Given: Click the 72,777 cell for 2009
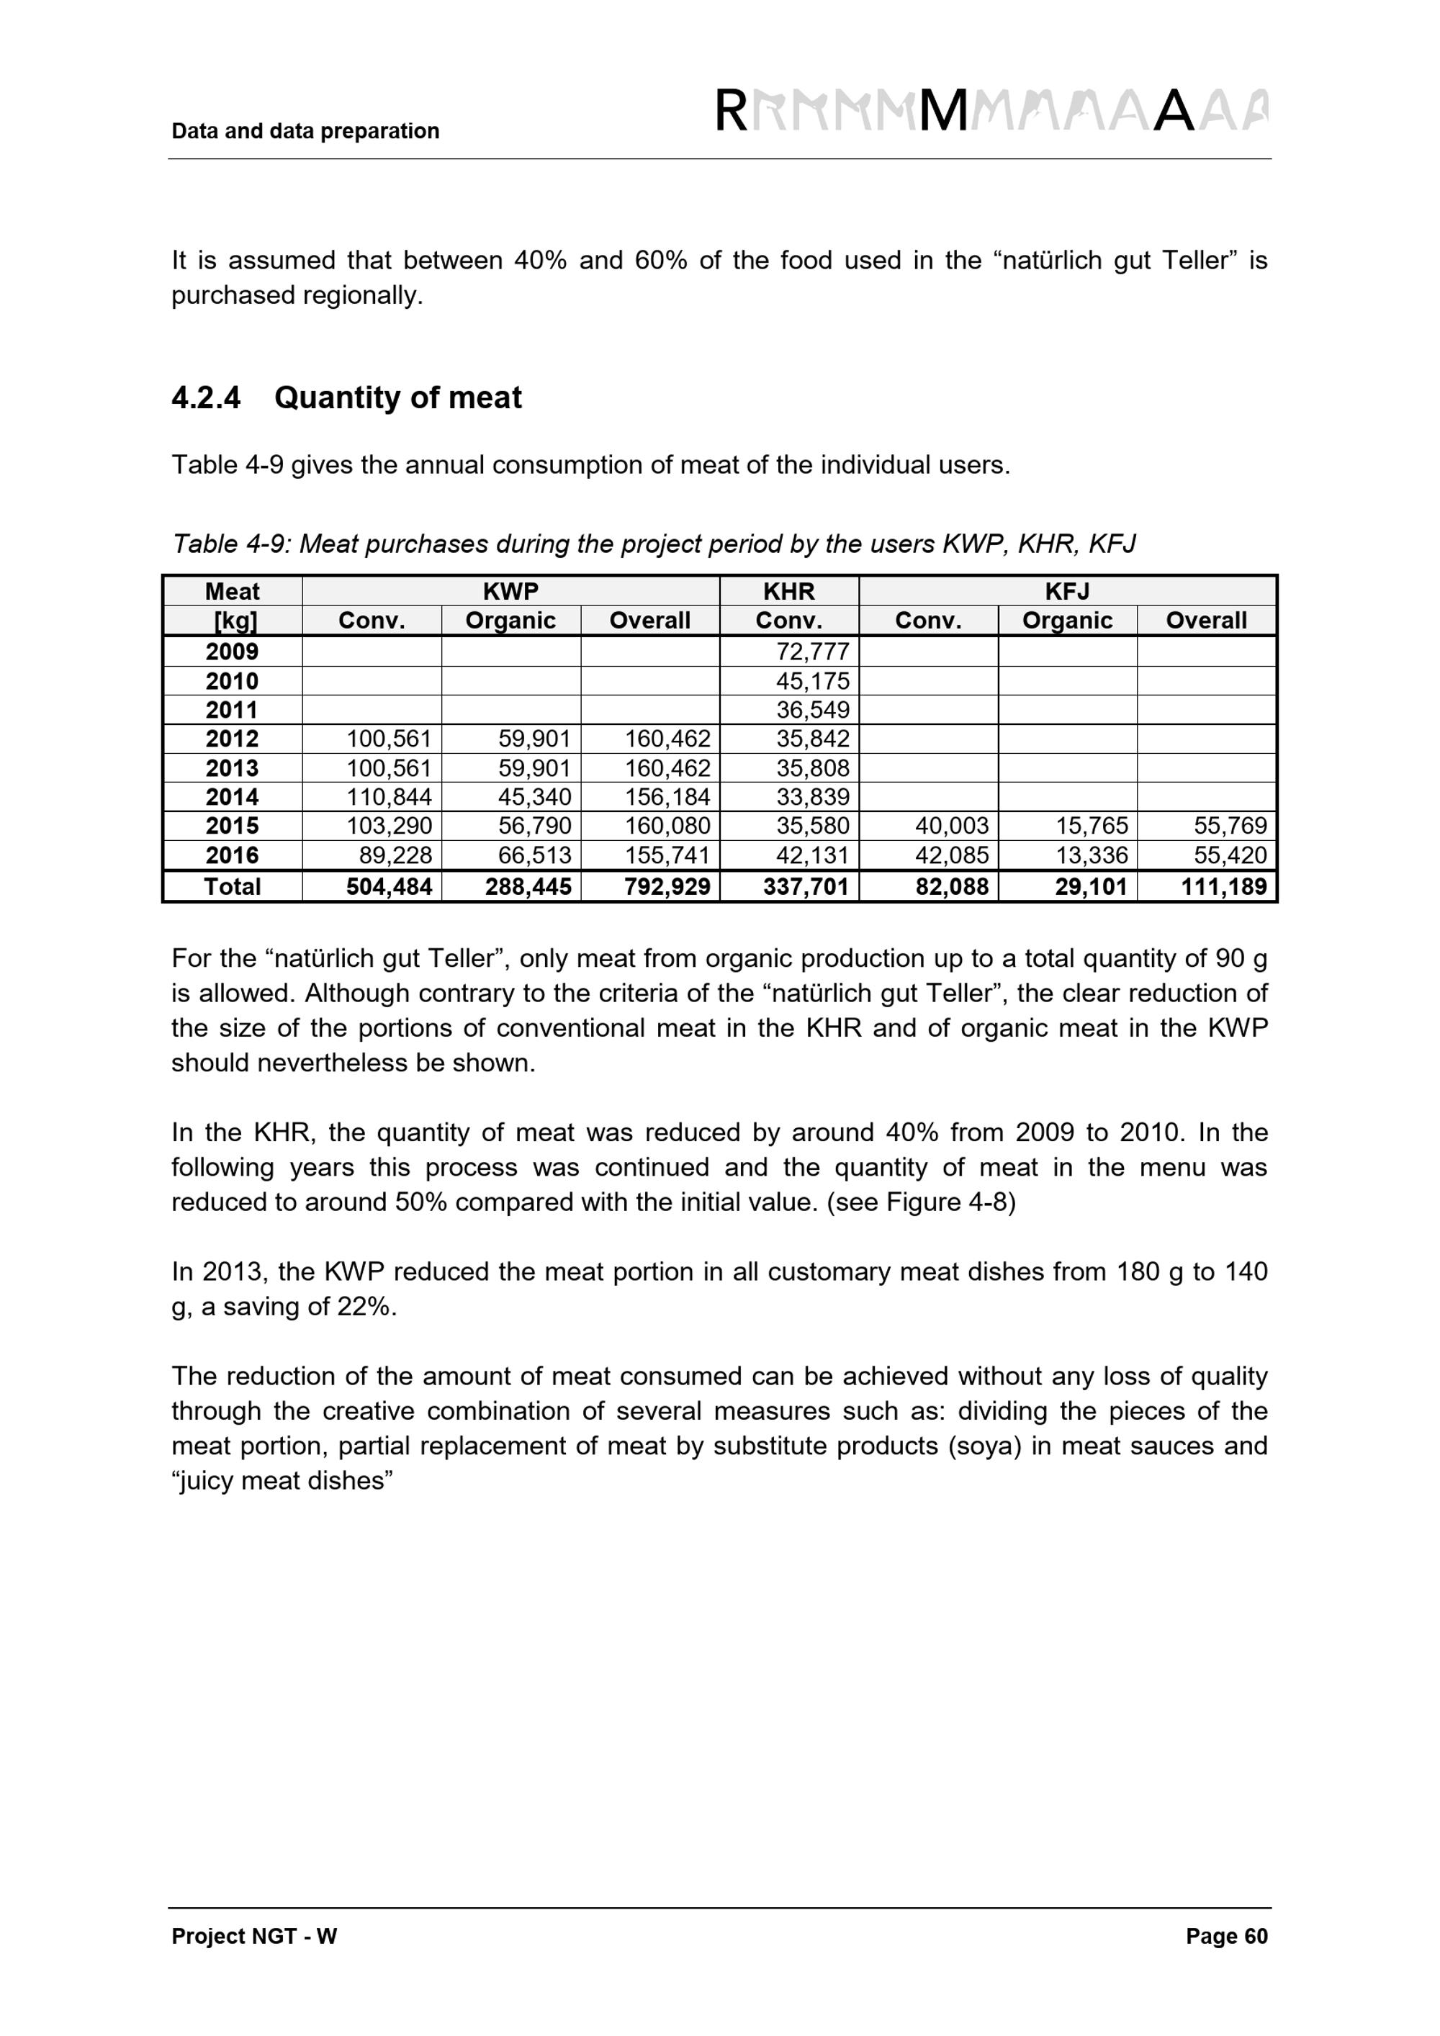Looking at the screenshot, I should (x=812, y=652).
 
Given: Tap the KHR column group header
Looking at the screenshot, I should (x=788, y=592).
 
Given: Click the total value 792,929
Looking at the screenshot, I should (x=667, y=887).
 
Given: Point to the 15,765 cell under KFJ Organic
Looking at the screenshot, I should (x=1091, y=826).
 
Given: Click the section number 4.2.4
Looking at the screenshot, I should (x=206, y=397).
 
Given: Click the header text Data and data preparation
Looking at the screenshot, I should (x=305, y=131).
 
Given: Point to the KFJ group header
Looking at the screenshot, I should (x=1067, y=592).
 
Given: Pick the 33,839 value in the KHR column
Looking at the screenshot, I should (x=812, y=797).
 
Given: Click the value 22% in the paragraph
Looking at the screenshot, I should (x=364, y=1307).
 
